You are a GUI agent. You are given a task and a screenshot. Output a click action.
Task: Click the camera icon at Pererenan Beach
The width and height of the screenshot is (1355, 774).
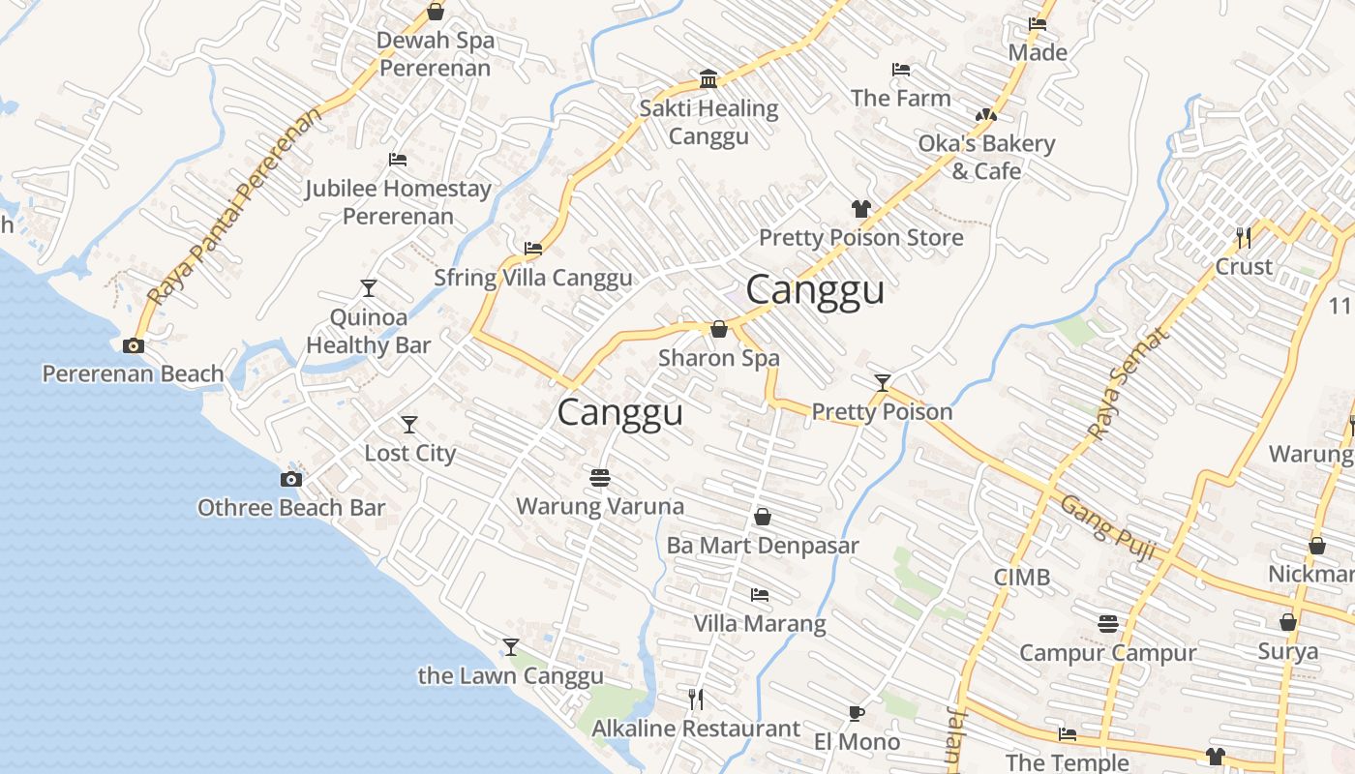tap(134, 345)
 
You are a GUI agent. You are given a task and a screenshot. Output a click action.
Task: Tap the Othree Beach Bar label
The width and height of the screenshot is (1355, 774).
tap(291, 508)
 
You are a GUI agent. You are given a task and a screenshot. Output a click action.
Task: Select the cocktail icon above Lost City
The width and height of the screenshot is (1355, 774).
tap(409, 424)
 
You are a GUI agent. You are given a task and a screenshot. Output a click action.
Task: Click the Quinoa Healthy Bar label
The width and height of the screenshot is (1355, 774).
tap(369, 331)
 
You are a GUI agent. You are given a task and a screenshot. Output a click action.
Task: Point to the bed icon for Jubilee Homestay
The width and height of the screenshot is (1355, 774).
tap(398, 160)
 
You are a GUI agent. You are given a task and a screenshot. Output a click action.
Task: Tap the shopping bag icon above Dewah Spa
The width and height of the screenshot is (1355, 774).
tap(436, 12)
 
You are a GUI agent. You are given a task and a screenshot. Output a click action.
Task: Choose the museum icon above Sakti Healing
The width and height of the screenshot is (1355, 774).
tap(708, 78)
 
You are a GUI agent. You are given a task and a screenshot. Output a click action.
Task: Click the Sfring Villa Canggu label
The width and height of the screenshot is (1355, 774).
tap(532, 278)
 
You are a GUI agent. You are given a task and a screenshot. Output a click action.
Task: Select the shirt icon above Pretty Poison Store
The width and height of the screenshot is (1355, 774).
tap(860, 208)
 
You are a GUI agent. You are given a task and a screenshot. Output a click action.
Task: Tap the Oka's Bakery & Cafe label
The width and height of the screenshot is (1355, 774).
tap(986, 157)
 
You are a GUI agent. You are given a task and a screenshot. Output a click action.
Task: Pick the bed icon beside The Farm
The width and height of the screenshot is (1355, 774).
tap(900, 70)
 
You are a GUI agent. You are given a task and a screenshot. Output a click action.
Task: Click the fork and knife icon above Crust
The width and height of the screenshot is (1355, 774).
tap(1244, 236)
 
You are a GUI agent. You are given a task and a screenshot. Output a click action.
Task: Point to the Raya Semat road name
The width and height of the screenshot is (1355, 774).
tap(1129, 383)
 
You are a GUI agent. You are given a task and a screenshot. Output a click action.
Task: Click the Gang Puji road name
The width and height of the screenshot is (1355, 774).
tap(1108, 527)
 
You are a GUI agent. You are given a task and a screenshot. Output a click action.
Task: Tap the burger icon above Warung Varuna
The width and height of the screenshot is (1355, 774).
tap(600, 477)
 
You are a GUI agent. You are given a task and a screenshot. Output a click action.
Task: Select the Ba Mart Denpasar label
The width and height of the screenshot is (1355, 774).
tap(763, 546)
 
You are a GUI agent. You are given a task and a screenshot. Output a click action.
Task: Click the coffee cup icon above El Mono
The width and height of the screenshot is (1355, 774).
tap(856, 714)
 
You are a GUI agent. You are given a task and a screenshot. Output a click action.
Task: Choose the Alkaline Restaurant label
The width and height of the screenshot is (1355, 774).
tap(696, 729)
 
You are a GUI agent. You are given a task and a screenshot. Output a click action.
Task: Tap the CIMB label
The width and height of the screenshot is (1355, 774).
tap(1022, 578)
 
